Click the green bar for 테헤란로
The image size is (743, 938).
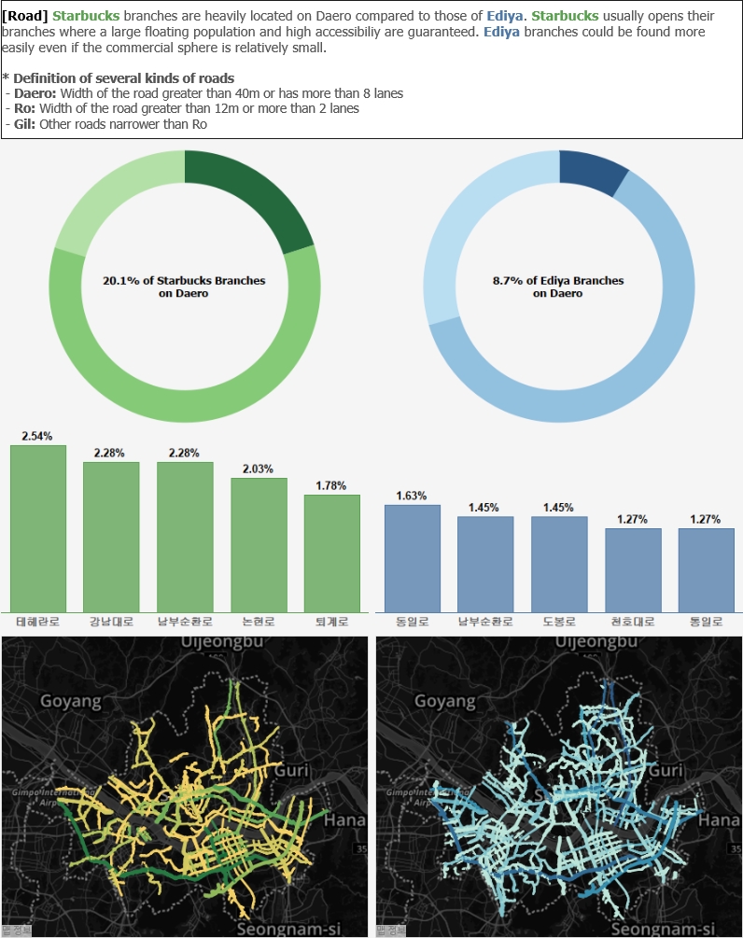pos(38,527)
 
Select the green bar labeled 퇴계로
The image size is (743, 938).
pos(331,553)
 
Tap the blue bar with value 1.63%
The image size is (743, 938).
pos(412,557)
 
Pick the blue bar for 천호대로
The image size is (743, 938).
pos(633,569)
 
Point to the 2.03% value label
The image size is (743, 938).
pos(258,469)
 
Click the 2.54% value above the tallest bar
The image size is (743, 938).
pos(37,436)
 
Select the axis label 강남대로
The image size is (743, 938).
pos(111,622)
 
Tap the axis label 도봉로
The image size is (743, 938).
pos(559,622)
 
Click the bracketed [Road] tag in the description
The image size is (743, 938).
pos(26,17)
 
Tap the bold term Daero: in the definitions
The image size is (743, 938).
pos(35,93)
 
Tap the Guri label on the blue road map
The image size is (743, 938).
pos(666,771)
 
